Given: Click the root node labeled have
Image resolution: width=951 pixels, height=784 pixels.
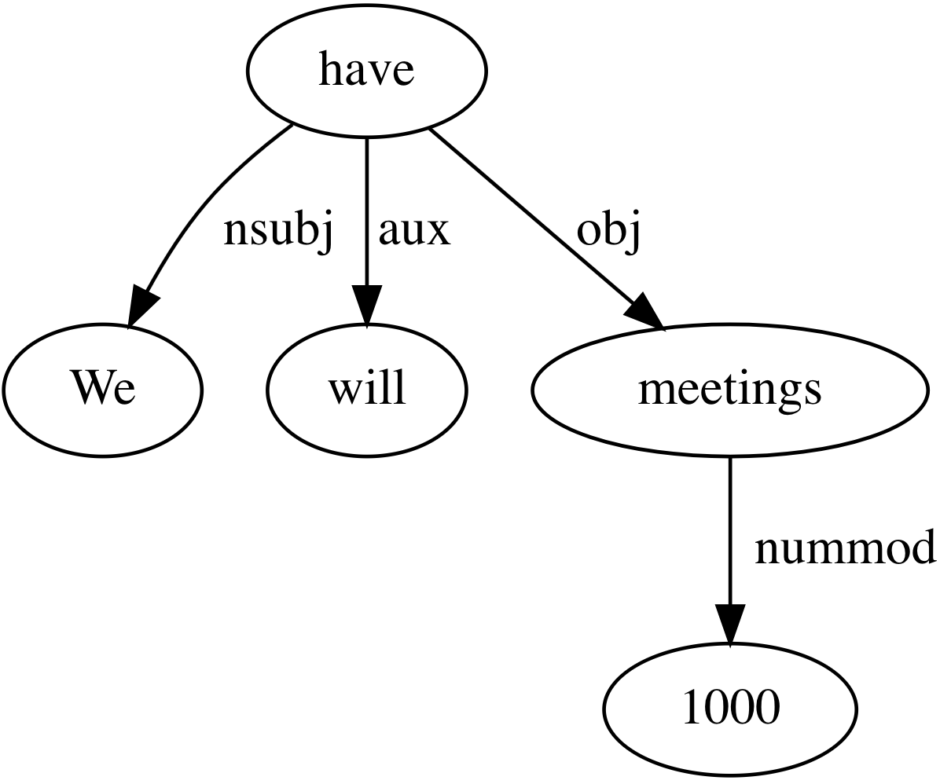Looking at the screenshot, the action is click(366, 71).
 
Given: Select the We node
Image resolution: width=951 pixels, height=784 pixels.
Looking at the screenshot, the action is click(102, 390).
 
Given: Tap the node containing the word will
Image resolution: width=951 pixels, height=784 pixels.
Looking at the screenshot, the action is click(366, 390).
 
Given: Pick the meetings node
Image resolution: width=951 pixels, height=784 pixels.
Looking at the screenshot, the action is click(729, 390).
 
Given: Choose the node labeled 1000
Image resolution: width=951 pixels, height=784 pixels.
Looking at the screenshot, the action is click(730, 709).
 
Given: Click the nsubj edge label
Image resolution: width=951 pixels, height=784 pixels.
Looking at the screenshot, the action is click(278, 231).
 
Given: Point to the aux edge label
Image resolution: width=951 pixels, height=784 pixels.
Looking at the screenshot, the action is click(414, 231).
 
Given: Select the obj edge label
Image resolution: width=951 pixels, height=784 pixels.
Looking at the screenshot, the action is click(608, 231).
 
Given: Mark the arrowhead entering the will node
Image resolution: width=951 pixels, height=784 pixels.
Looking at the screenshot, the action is click(366, 304).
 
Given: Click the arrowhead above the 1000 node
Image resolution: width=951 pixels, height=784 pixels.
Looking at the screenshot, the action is click(730, 624).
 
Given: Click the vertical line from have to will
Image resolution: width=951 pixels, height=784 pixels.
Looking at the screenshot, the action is click(366, 211).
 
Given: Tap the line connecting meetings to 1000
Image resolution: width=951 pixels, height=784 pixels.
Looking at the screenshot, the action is click(730, 531).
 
